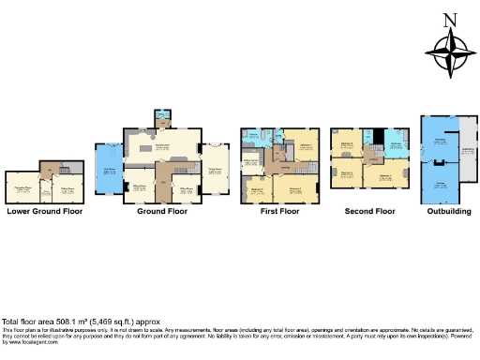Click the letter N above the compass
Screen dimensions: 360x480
point(449,19)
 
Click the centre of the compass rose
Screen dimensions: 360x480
point(449,51)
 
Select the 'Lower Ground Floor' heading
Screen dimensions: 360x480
point(44,211)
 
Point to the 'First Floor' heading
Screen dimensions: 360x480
point(279,211)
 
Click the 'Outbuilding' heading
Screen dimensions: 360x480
point(448,211)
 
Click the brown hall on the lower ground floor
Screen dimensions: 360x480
point(46,169)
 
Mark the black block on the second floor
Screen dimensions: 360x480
point(377,136)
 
